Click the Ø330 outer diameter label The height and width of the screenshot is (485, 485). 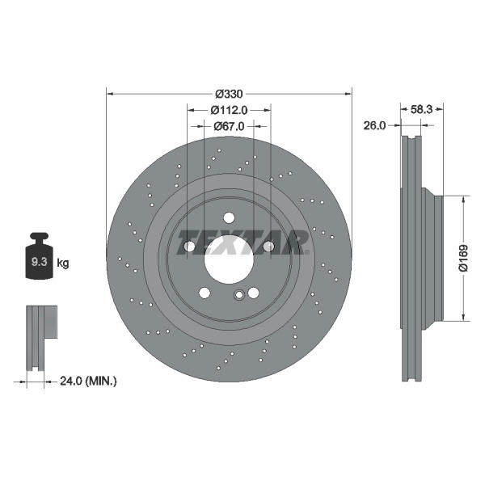coord(229,94)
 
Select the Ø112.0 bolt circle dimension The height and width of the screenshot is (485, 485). coord(229,110)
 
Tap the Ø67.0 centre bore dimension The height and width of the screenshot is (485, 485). coord(229,126)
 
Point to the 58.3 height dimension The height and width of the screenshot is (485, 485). coord(421,109)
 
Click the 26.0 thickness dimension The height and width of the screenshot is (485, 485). coord(374,125)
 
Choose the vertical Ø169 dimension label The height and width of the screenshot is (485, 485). coord(463,259)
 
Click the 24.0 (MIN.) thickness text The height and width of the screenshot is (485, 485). coord(88,381)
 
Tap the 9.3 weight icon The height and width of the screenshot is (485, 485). coord(39,255)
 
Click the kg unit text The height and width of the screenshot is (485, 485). coord(63,264)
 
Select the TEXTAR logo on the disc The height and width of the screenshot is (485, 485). coord(242,242)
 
